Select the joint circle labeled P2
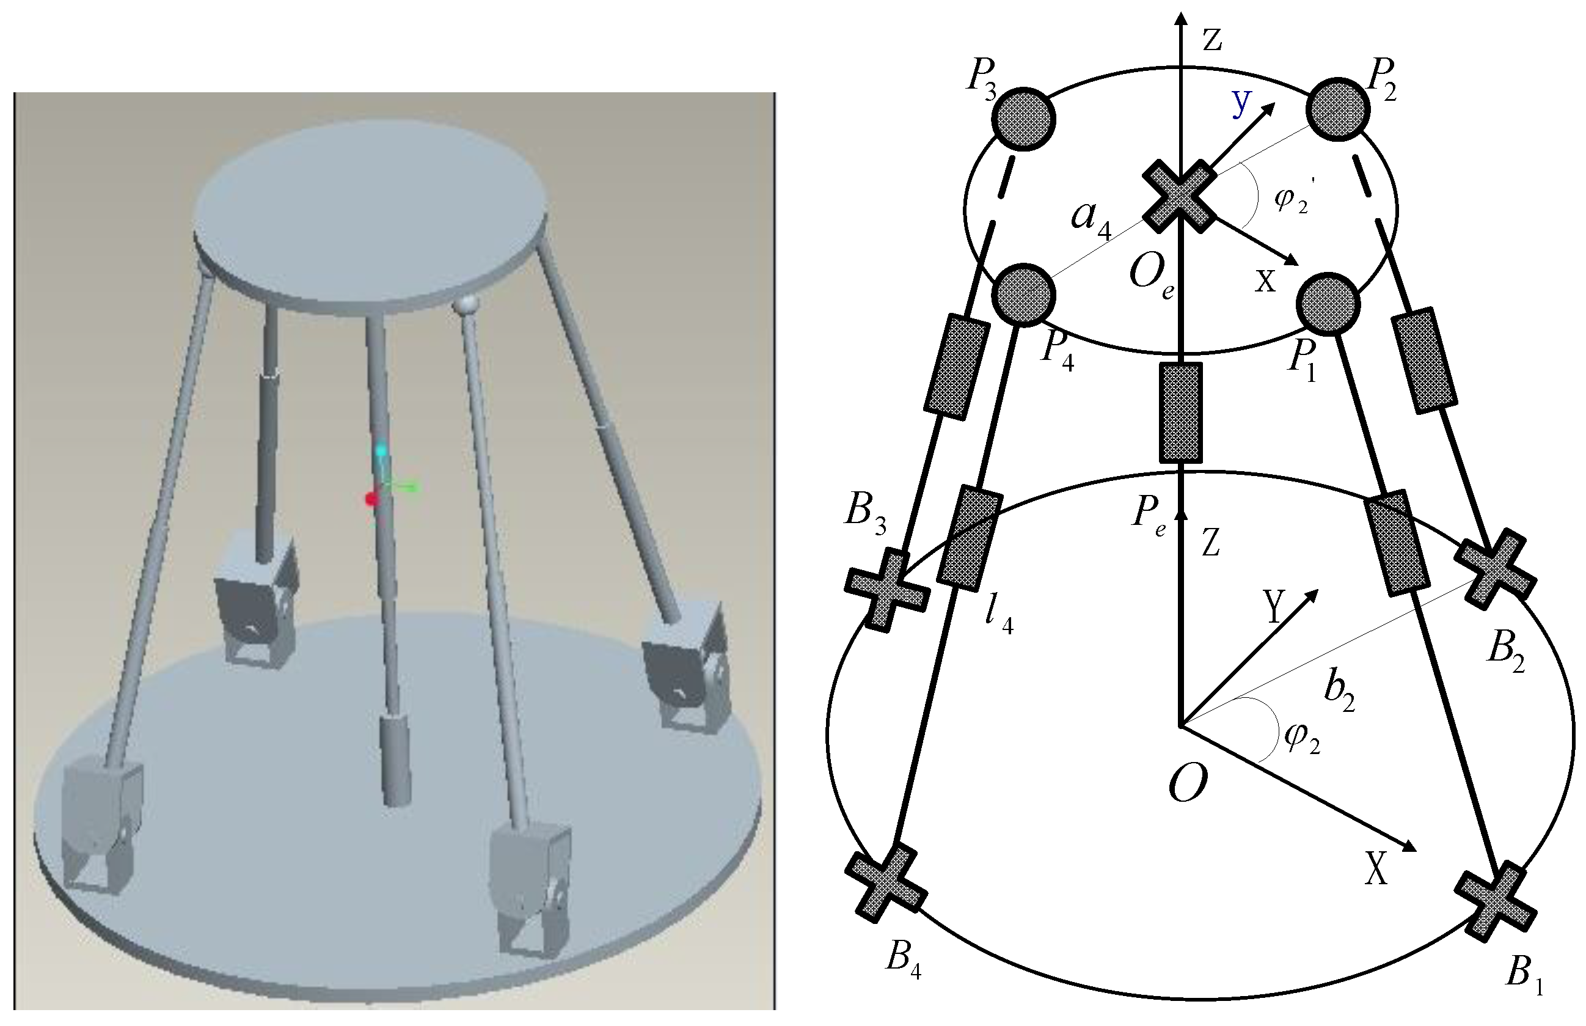(1338, 109)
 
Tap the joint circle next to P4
(1024, 295)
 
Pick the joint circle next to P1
(1328, 304)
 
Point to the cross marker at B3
(886, 590)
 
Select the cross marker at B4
(886, 884)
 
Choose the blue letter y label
(1241, 103)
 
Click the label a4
(1091, 220)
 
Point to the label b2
(1339, 694)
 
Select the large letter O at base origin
(1189, 783)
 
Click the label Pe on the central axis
(1149, 515)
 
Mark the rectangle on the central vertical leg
(1180, 412)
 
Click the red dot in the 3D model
(371, 499)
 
